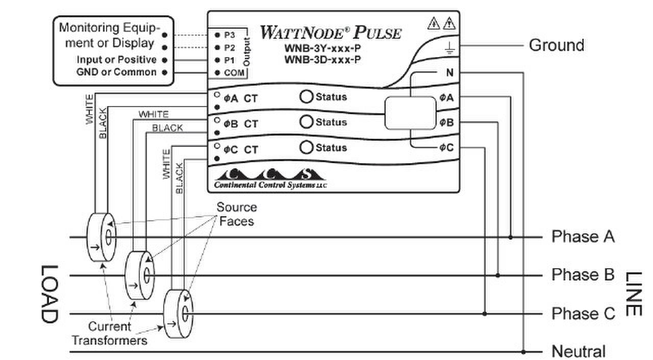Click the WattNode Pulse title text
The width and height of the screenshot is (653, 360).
[x=331, y=33]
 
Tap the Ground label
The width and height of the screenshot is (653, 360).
[x=557, y=45]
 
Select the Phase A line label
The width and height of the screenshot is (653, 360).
[x=583, y=237]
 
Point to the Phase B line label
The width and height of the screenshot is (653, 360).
[x=583, y=275]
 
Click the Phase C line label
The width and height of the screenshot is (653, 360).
[x=583, y=313]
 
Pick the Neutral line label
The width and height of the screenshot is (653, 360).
[x=579, y=351]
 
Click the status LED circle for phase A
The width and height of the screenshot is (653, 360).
[x=306, y=96]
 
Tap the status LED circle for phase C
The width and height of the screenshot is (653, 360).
[x=306, y=147]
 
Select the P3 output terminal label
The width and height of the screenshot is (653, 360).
[x=230, y=35]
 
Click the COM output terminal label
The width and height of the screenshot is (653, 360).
[x=234, y=73]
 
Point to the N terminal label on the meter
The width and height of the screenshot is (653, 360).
[x=449, y=73]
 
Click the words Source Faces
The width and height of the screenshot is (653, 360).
[x=237, y=215]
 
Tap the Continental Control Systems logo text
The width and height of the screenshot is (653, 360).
[x=270, y=185]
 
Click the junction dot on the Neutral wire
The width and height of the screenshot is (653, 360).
[x=524, y=351]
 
